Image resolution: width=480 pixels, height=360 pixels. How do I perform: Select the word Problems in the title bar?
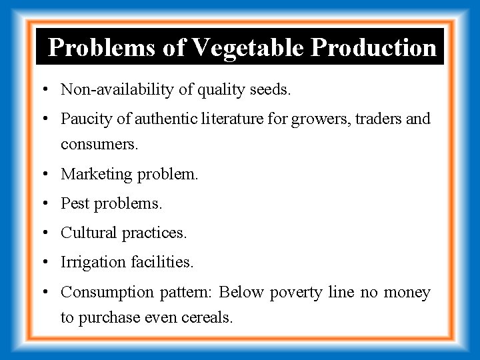pyautogui.click(x=109, y=47)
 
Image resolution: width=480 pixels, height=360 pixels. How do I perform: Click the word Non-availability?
pyautogui.click(x=109, y=89)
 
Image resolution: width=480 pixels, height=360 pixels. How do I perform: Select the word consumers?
pyautogui.click(x=99, y=145)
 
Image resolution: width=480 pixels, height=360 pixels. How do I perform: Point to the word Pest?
pyautogui.click(x=74, y=203)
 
